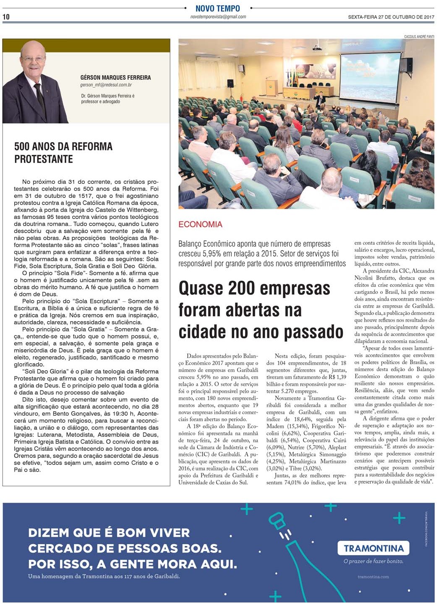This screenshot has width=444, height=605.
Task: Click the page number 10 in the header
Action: [6, 17]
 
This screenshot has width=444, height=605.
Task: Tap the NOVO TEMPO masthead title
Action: [217, 8]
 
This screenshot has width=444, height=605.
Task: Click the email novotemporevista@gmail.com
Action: [218, 17]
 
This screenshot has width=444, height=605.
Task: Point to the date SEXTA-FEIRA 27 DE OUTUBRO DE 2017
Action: [391, 17]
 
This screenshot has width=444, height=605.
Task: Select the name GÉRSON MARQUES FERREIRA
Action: [115, 78]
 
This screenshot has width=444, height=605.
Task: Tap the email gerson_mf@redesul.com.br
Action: [106, 85]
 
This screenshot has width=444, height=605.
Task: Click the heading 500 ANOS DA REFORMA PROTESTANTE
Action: [63, 153]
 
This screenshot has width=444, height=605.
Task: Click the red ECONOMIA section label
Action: [200, 224]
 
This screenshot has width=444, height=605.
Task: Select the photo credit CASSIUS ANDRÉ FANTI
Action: [418, 36]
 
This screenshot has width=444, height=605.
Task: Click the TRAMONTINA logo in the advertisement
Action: [373, 548]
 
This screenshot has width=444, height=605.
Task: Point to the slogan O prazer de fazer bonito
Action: [373, 561]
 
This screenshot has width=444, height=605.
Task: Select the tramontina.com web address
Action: [373, 577]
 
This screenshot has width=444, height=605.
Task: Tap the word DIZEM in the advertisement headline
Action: [49, 533]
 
